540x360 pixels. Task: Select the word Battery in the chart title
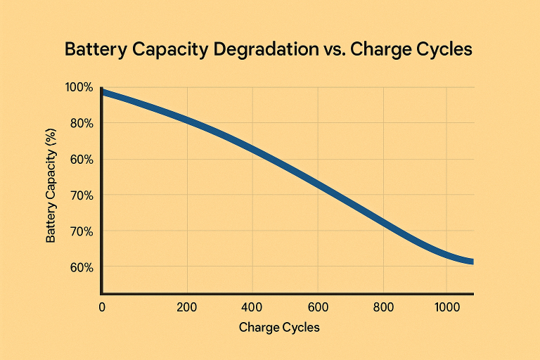tap(93, 51)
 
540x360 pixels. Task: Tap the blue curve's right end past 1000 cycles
tap(472, 262)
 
